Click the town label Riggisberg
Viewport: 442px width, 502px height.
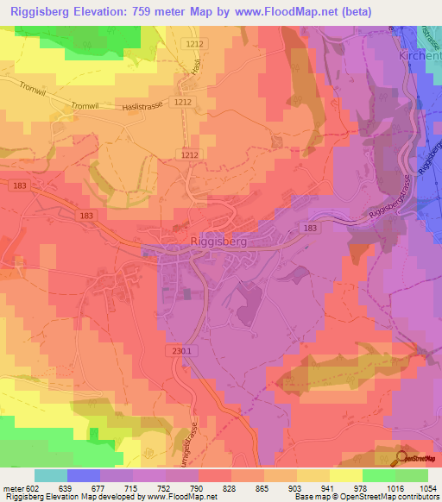(x=218, y=242)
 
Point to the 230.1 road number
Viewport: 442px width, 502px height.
(x=179, y=350)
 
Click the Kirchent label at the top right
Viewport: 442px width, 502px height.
(x=420, y=54)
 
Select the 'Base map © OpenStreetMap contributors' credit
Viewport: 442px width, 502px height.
(x=366, y=497)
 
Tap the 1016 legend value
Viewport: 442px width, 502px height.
(x=394, y=488)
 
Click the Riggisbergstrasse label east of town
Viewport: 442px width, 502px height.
(x=383, y=204)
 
